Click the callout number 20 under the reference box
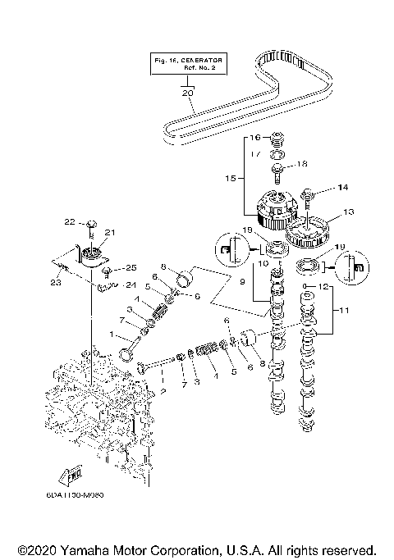[x=188, y=93]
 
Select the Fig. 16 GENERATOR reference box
[x=188, y=64]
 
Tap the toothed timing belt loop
[x=271, y=90]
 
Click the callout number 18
[x=301, y=164]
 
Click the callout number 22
[x=70, y=221]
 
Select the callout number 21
[x=108, y=233]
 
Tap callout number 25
[x=129, y=268]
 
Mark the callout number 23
[x=55, y=281]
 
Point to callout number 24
[x=130, y=286]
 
